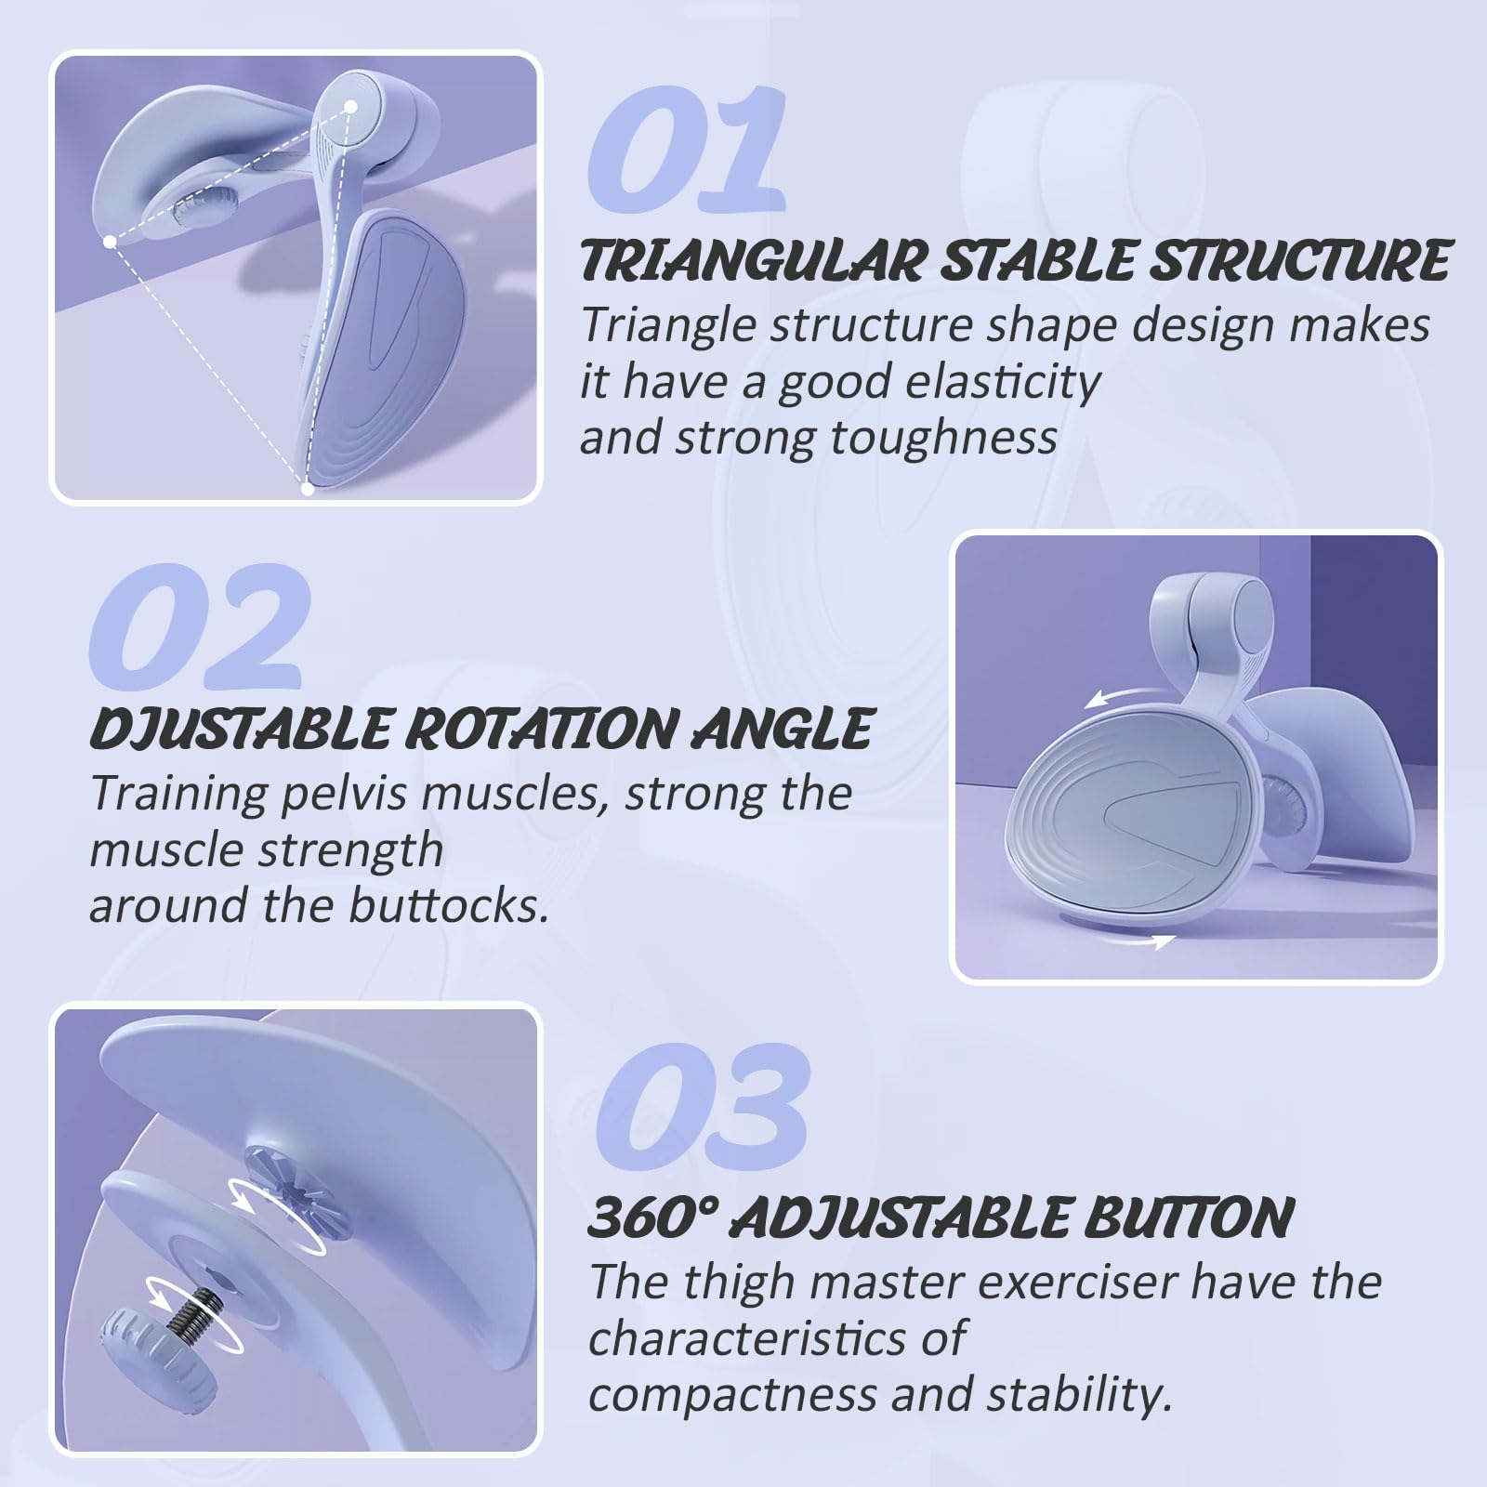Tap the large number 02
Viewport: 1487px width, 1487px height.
(x=197, y=627)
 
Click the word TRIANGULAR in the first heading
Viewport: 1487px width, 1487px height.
(x=751, y=260)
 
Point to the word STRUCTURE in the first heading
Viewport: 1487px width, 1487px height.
(x=1299, y=260)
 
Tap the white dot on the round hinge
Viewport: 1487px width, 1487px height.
(x=351, y=108)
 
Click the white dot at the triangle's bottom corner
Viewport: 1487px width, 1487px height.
(x=308, y=487)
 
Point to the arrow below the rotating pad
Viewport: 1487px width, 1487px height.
(x=1149, y=942)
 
